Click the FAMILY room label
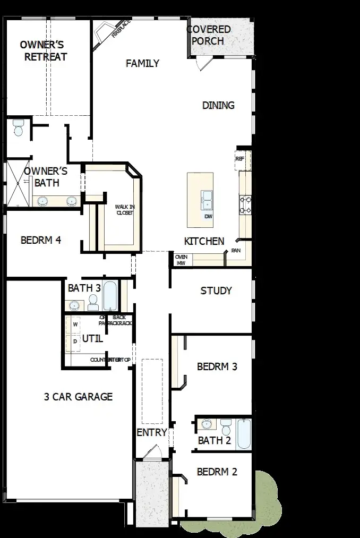pos(142,64)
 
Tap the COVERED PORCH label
pos(209,35)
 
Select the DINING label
pos(218,105)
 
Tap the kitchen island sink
pos(207,201)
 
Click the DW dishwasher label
pos(208,217)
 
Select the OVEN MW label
pos(181,260)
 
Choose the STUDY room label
pos(216,291)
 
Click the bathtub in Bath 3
pos(110,296)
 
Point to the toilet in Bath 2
pos(226,426)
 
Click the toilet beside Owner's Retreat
pos(19,128)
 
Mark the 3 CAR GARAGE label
pos(78,396)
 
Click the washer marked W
pos(75,324)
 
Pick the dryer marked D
pos(75,341)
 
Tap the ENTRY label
pos(152,433)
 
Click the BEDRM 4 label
pos(41,240)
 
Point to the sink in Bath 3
pos(74,305)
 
